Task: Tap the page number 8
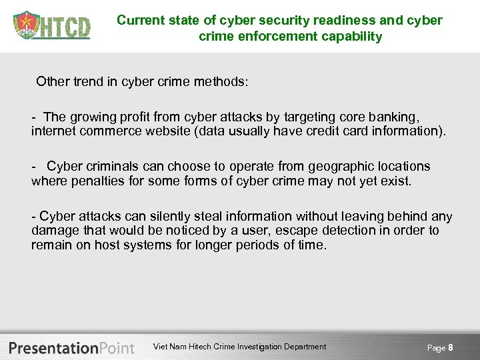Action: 451,347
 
